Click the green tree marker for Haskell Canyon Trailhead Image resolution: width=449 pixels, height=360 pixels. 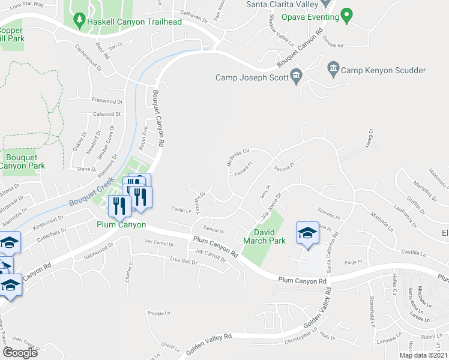[x=80, y=22]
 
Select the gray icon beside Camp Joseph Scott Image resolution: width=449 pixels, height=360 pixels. [x=296, y=76]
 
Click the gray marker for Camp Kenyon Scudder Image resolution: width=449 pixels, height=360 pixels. [x=333, y=70]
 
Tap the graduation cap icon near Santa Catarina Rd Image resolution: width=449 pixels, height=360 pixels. [x=307, y=233]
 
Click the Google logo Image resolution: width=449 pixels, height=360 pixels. [x=20, y=353]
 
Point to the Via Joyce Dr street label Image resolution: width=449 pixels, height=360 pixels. [x=270, y=206]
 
